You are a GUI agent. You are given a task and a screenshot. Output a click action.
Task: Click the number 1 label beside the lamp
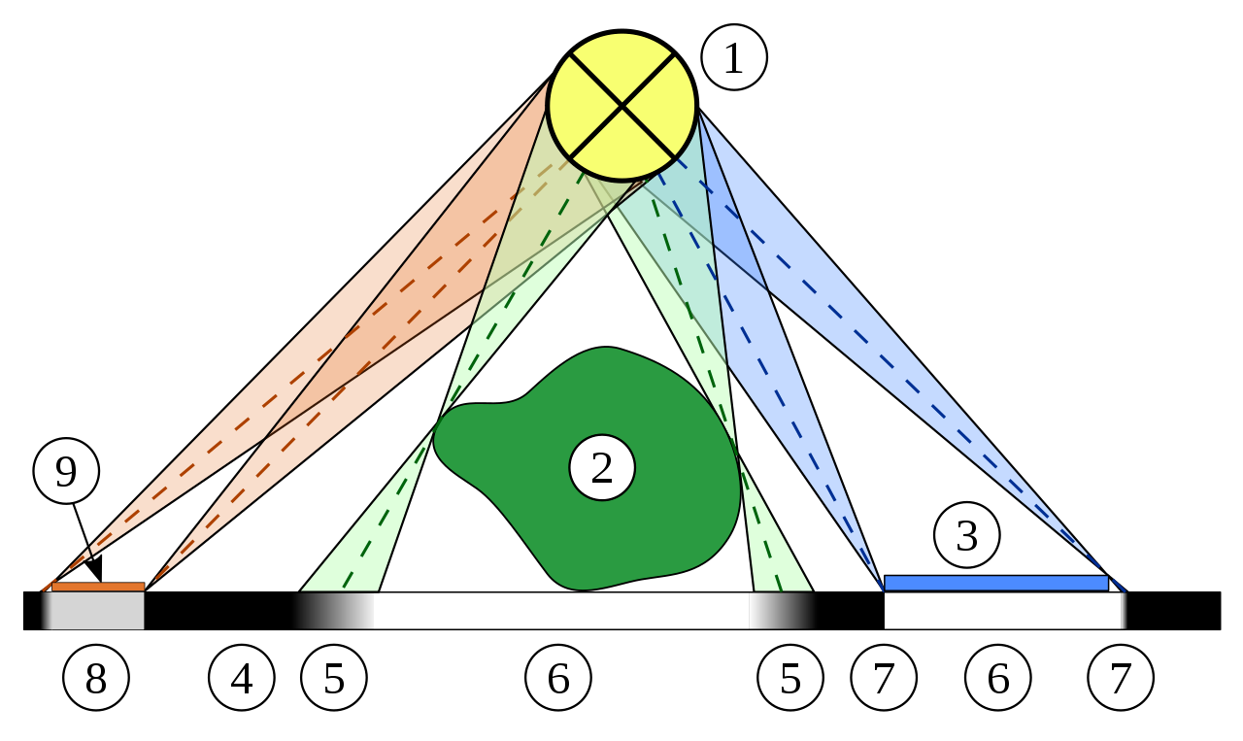pos(733,58)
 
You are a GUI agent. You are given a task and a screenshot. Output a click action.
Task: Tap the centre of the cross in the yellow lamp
pos(621,106)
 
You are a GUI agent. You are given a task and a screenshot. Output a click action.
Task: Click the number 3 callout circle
pos(966,535)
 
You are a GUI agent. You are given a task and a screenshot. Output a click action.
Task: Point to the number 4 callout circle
pos(241,678)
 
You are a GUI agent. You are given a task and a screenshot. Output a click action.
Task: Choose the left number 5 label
pos(333,678)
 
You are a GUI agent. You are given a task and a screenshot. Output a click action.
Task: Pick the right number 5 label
pos(789,678)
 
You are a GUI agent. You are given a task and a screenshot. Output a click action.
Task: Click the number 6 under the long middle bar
pos(557,678)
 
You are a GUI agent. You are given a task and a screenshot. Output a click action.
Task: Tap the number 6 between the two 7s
pos(997,678)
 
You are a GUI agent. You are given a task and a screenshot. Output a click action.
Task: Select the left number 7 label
pos(883,678)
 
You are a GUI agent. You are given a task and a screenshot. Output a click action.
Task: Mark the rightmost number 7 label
pos(1120,678)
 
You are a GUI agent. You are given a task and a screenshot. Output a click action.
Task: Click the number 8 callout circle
pos(95,678)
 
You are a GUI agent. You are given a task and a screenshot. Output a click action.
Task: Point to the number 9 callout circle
pos(66,471)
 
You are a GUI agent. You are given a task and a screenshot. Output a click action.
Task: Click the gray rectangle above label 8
pos(94,611)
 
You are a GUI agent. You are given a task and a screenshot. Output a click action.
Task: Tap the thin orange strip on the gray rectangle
pos(97,587)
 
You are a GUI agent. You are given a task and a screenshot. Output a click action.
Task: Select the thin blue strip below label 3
pos(995,583)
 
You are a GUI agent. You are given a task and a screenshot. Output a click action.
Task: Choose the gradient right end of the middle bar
pos(782,611)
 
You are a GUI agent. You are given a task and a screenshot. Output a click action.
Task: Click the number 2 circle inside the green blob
pos(602,467)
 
